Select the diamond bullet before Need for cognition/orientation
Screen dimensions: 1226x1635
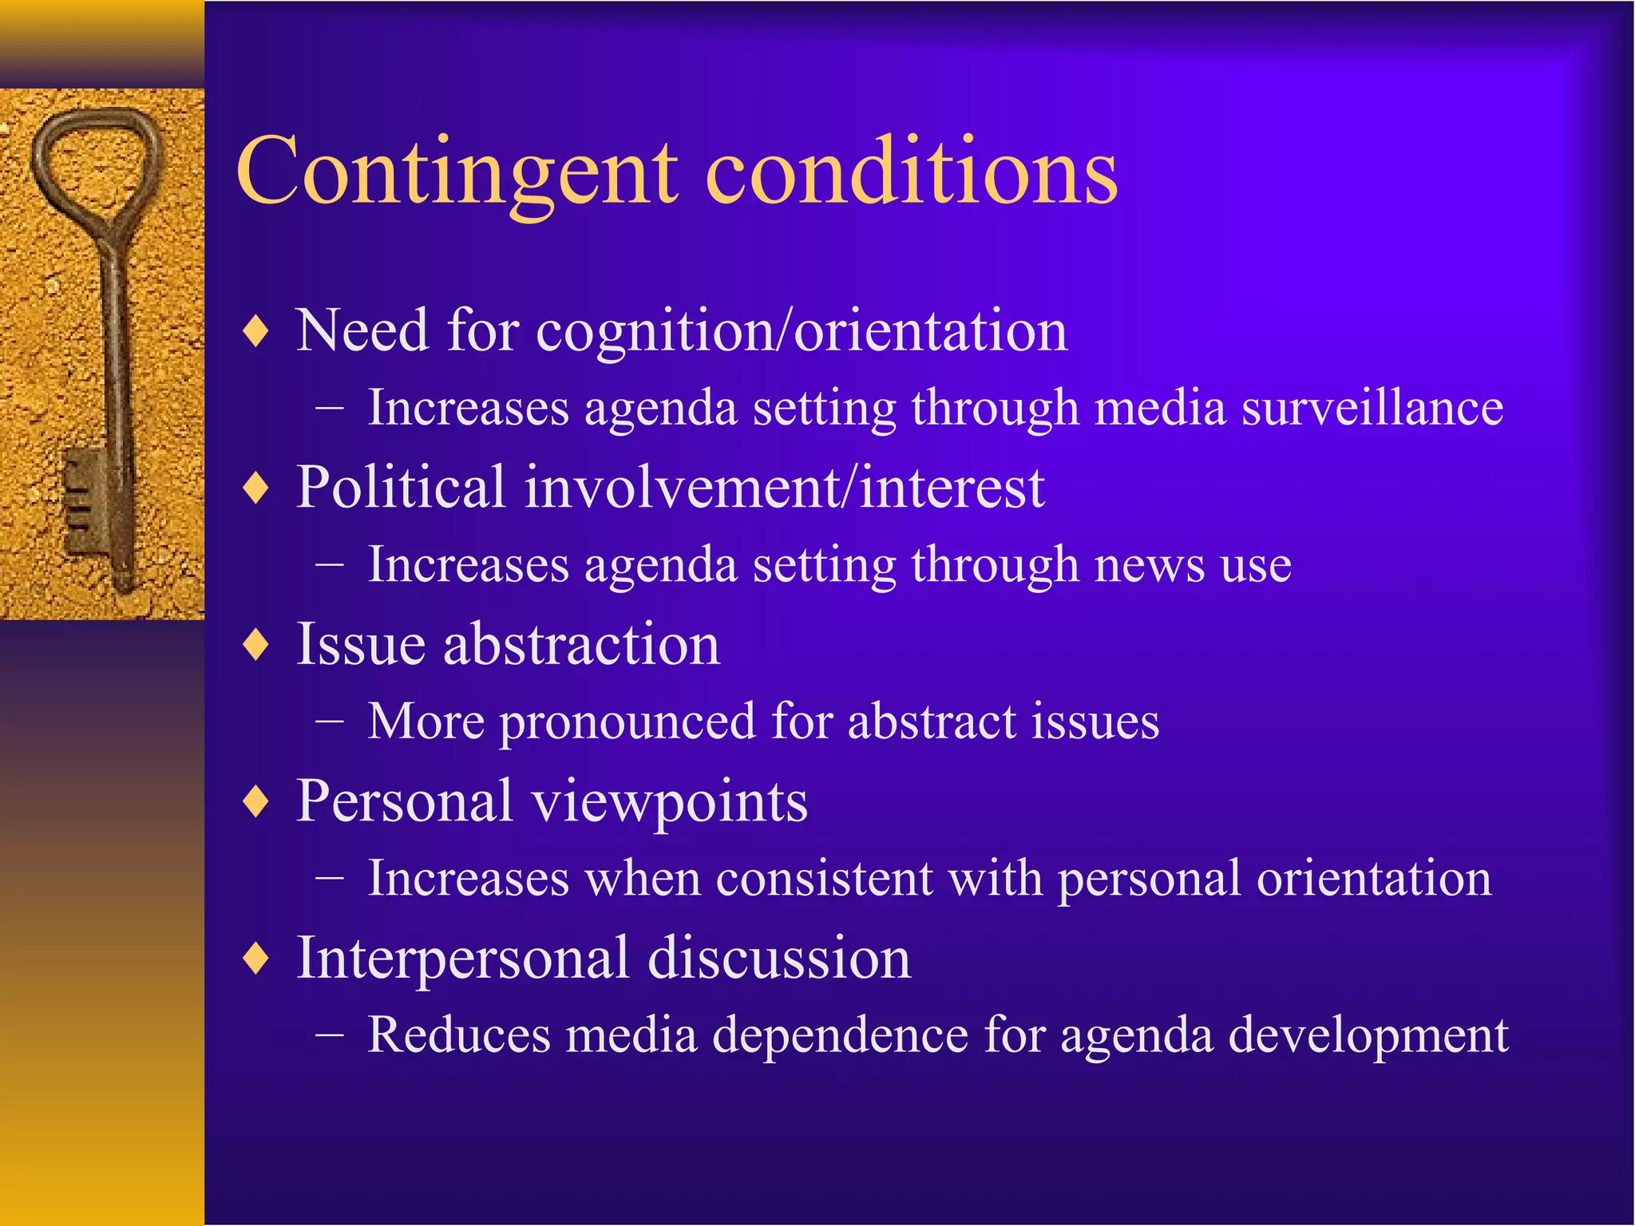coord(256,330)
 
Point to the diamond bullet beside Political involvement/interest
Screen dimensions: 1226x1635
coord(256,487)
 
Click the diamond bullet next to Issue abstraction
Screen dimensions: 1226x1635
coord(256,644)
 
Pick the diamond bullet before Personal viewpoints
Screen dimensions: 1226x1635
coord(256,801)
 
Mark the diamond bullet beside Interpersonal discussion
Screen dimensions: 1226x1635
coord(256,958)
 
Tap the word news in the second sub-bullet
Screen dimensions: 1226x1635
coord(1150,565)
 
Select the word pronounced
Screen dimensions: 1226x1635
coord(627,722)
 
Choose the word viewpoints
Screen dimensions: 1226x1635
coord(671,801)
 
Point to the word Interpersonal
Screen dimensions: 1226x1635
coord(463,958)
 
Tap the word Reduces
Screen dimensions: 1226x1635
coord(459,1035)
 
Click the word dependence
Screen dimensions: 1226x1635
coord(838,1035)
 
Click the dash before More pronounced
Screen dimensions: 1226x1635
coord(330,722)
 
